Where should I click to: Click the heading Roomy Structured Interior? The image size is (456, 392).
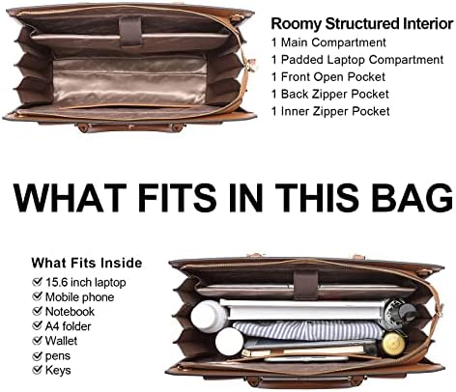(x=362, y=24)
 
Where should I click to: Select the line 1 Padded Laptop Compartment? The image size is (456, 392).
(x=357, y=60)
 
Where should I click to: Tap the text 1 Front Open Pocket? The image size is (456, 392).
(x=328, y=77)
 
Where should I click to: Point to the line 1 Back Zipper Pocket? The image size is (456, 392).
(x=330, y=94)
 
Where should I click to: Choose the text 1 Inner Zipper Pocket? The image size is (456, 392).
(x=330, y=111)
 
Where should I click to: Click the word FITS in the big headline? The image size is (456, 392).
(x=177, y=197)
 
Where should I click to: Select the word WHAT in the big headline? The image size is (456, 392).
(x=70, y=197)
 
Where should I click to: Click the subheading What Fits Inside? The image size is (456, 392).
(x=87, y=263)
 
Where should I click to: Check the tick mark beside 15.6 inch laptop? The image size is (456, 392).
(x=38, y=282)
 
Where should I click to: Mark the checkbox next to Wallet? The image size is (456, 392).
(x=38, y=340)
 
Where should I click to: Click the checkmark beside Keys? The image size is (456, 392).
(x=38, y=370)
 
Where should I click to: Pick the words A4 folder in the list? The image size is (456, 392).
(x=68, y=326)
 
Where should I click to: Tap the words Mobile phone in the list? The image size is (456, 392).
(x=79, y=297)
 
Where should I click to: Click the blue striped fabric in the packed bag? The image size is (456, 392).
(x=307, y=330)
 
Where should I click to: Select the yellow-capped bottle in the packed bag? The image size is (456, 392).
(x=393, y=345)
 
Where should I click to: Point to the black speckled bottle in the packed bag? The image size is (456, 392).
(x=399, y=312)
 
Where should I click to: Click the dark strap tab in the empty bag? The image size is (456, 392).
(x=130, y=33)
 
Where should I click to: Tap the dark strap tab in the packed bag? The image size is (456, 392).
(x=306, y=285)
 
